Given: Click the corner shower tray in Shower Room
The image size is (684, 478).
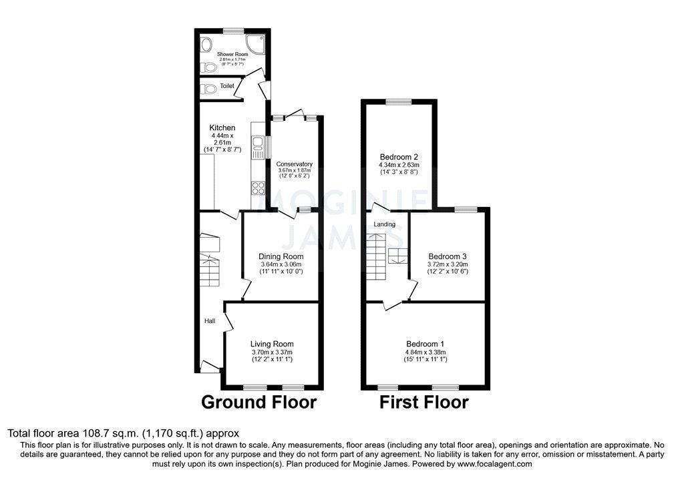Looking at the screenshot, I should click(x=257, y=45).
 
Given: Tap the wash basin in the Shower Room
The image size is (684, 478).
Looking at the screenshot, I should click(x=206, y=45).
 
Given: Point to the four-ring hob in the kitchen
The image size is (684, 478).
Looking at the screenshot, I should click(x=257, y=188).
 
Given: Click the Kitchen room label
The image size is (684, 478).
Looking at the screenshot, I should click(x=222, y=128).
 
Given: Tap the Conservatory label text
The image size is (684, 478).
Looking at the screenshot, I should click(x=295, y=164).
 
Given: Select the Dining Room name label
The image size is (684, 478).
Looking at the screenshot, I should click(x=281, y=256).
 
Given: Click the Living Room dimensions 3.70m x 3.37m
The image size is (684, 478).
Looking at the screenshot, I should click(x=273, y=352).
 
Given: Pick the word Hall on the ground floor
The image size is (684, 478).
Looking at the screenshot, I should click(x=210, y=321).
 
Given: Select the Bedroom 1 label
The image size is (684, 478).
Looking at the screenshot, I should click(x=425, y=344).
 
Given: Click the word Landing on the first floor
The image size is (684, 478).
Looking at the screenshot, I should click(x=384, y=224).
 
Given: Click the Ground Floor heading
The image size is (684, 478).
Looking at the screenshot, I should click(x=259, y=402).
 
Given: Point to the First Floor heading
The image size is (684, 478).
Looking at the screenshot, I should click(x=424, y=402).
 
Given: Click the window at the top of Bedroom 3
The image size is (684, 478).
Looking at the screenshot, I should click(x=466, y=209).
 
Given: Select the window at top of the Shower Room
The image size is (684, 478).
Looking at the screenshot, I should click(x=232, y=31).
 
